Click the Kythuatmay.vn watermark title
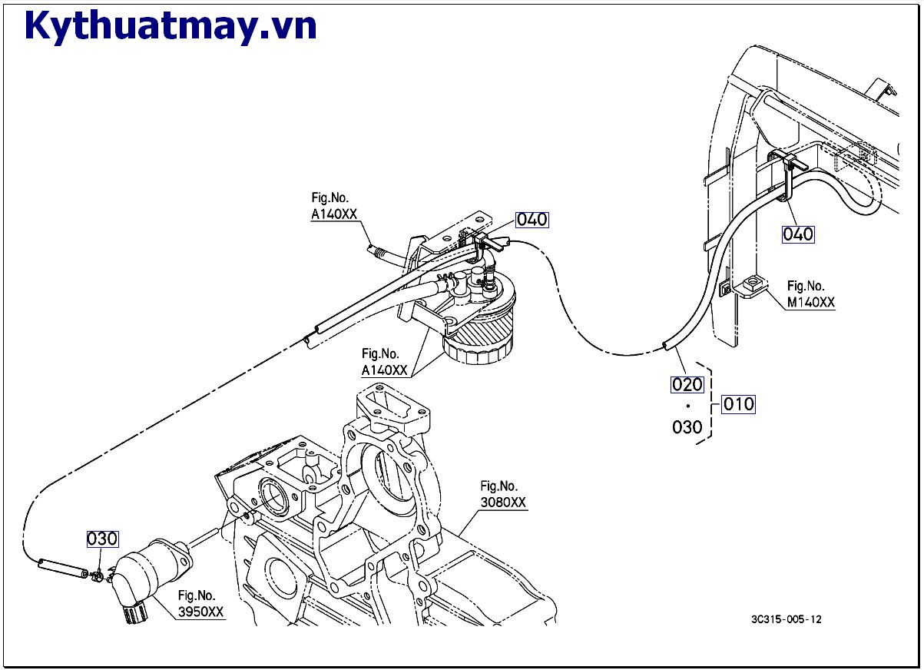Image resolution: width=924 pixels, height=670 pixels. tap(171, 26)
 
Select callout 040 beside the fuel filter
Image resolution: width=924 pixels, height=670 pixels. tap(532, 220)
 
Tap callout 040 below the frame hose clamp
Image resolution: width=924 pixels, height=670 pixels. tap(798, 234)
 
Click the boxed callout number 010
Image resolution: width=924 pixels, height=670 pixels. tap(738, 403)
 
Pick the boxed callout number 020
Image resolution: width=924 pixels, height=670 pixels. tap(687, 383)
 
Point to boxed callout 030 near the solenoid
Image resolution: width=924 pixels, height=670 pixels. tap(102, 539)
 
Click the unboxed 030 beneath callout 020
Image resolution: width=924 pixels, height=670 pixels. tap(687, 427)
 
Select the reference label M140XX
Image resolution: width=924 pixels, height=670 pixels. tap(810, 303)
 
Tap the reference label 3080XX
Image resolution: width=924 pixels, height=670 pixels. tap(503, 502)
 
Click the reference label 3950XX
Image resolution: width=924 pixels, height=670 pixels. tap(201, 612)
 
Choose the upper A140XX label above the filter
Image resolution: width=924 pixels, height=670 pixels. tap(334, 215)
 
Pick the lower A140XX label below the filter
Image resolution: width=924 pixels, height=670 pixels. tap(386, 370)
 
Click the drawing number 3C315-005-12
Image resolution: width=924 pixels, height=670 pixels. tap(786, 619)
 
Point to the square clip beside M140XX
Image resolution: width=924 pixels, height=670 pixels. tap(752, 285)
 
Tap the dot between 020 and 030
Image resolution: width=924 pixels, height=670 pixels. tap(687, 406)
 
